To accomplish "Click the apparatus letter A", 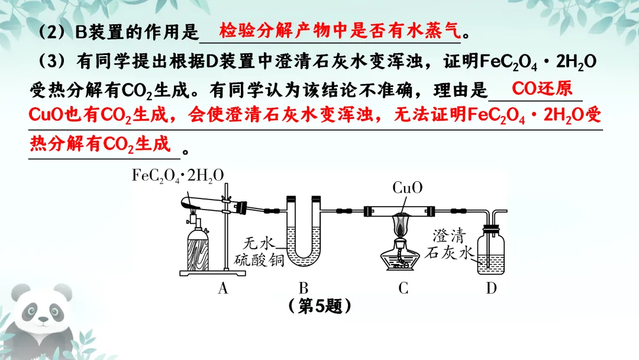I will point(223,288).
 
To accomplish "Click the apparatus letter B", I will point(304,288).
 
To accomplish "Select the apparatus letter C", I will point(404,288).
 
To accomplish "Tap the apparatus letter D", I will point(491,288).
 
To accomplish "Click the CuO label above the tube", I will point(408,188).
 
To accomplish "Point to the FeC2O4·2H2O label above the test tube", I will point(177,175).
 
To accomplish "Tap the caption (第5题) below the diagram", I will point(320,306).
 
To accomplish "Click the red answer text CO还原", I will point(541,89).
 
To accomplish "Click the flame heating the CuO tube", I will point(404,224).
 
